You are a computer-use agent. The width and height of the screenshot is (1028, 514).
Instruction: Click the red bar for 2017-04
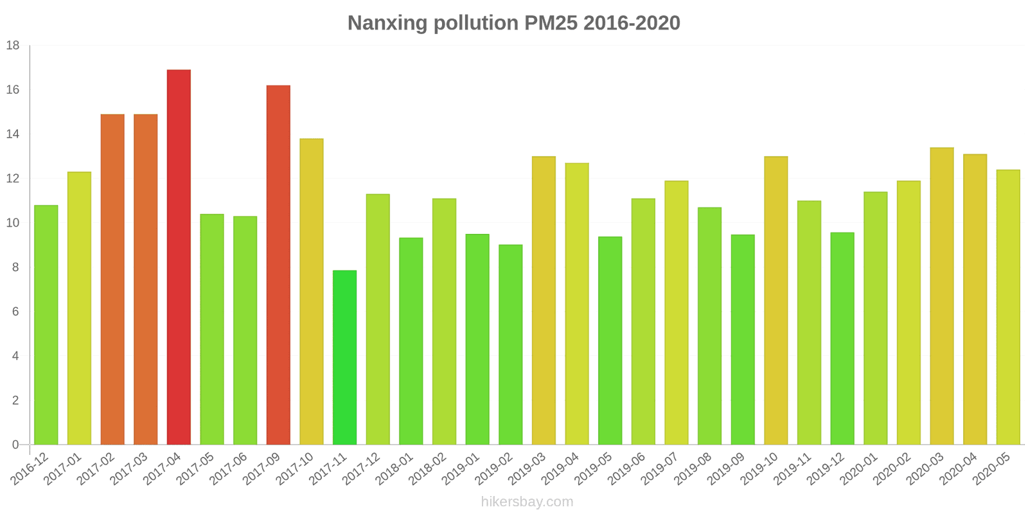pos(179,257)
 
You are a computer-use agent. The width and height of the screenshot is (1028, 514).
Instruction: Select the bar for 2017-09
pos(278,265)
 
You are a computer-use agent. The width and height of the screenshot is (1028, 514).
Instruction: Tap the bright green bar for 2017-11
pos(344,357)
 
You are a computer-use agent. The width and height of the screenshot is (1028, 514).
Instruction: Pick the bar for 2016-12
pos(46,324)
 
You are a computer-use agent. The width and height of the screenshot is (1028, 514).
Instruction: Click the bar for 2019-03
pos(544,300)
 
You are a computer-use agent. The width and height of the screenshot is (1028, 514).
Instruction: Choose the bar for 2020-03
pos(942,296)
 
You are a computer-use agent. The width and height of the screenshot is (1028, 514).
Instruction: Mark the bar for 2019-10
pos(776,300)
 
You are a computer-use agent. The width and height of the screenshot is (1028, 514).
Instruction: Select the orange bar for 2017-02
pos(112,279)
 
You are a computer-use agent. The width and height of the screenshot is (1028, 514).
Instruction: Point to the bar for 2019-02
pos(511,344)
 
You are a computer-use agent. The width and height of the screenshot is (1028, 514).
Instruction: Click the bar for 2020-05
pos(1008,307)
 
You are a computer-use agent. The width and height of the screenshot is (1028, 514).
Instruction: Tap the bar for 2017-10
pos(312,291)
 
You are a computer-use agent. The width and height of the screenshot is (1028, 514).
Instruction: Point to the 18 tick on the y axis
pos(13,46)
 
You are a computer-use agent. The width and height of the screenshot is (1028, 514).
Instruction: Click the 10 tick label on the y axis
pos(13,223)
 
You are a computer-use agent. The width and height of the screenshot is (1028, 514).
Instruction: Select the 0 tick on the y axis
pos(16,445)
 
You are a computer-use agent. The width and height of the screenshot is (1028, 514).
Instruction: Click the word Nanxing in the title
pos(387,23)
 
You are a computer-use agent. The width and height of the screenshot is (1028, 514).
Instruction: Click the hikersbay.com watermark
pos(527,502)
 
